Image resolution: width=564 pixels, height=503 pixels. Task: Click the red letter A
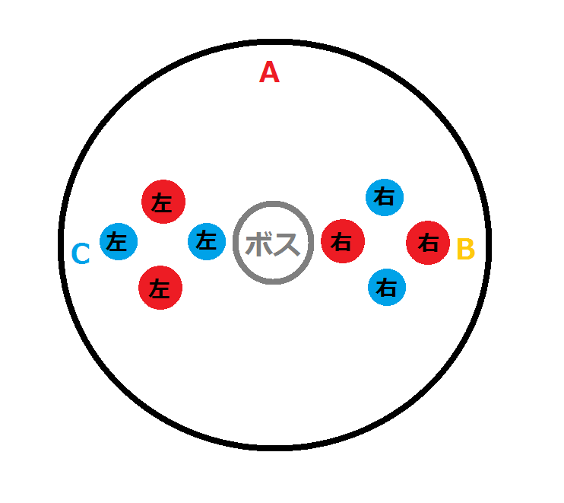tap(270, 72)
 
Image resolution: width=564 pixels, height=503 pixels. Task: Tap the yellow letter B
tap(465, 249)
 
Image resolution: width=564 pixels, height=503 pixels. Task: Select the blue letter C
tap(81, 254)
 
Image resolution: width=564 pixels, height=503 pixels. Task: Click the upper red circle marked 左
tap(163, 202)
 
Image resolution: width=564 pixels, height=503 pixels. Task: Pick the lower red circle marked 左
tap(160, 288)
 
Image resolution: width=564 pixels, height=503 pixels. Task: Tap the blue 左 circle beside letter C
tap(118, 242)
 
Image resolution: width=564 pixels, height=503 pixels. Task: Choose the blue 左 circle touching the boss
tap(206, 241)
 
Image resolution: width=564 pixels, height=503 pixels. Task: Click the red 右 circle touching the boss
tap(343, 242)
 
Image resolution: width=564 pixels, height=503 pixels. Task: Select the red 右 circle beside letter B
tap(429, 243)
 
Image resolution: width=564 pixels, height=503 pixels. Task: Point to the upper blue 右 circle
tap(385, 198)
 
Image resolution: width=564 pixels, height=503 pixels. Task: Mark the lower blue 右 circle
tap(387, 288)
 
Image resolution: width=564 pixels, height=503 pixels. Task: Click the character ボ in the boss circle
tap(259, 244)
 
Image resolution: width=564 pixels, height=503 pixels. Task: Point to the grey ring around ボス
tap(273, 205)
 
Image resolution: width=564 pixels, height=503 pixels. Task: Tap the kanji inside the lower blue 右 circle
tap(387, 288)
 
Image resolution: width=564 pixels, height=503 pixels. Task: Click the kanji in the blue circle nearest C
tap(117, 243)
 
